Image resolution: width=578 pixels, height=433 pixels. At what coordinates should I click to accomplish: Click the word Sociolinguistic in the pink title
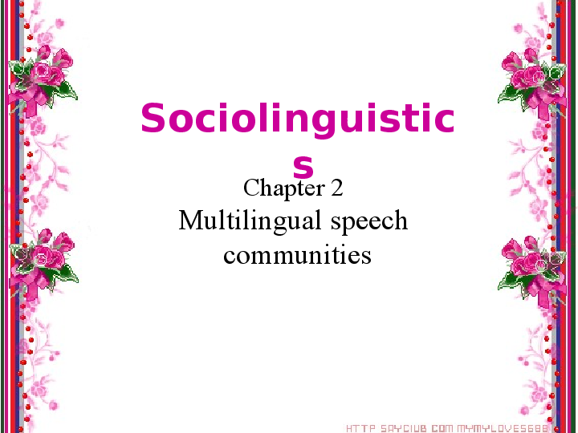[297, 120]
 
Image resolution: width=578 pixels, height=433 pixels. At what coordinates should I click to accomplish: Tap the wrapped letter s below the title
[303, 166]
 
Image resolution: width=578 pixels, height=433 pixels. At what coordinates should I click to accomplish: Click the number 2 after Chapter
[336, 189]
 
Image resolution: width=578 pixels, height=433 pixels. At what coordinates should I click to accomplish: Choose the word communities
[297, 255]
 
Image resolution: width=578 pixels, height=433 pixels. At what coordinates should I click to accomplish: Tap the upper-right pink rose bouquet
[530, 76]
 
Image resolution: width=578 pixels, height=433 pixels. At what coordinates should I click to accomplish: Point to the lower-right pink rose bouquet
[530, 261]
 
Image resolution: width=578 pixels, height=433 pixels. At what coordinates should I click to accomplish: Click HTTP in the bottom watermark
[359, 428]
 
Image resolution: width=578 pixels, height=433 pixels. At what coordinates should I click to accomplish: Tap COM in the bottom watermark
[442, 428]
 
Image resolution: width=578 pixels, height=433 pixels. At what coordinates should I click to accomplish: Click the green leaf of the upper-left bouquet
[67, 92]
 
